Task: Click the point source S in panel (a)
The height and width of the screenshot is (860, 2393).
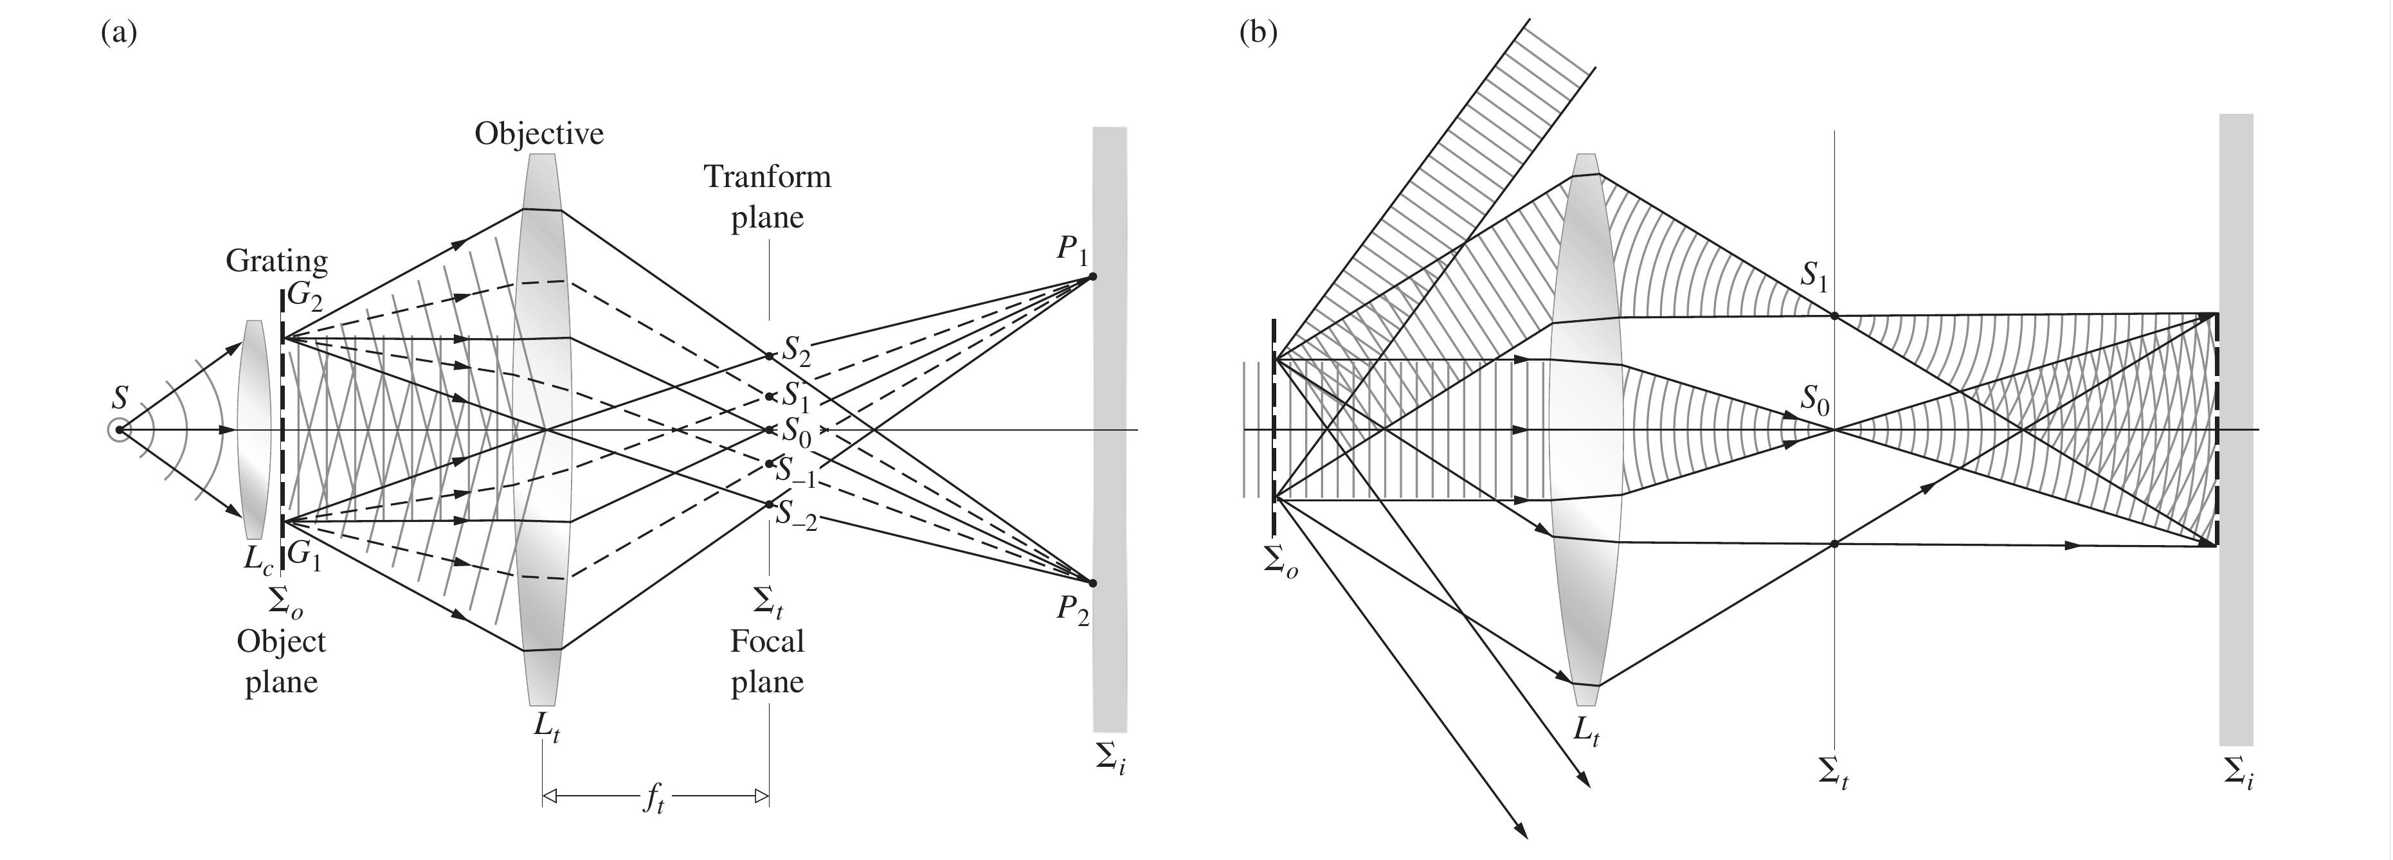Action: coord(118,430)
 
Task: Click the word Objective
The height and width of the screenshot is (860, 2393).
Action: coord(539,135)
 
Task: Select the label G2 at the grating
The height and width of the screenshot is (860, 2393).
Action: coord(305,295)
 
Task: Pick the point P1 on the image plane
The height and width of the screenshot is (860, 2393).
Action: coord(1092,276)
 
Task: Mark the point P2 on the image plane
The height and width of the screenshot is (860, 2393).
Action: coord(1092,583)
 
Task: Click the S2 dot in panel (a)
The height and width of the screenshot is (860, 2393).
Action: coord(769,355)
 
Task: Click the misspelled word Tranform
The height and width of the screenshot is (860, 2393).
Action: coord(766,177)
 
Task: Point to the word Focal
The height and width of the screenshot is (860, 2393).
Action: coord(766,641)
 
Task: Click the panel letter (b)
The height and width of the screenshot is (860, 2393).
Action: coord(1259,33)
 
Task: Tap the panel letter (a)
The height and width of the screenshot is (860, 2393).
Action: coord(119,33)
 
